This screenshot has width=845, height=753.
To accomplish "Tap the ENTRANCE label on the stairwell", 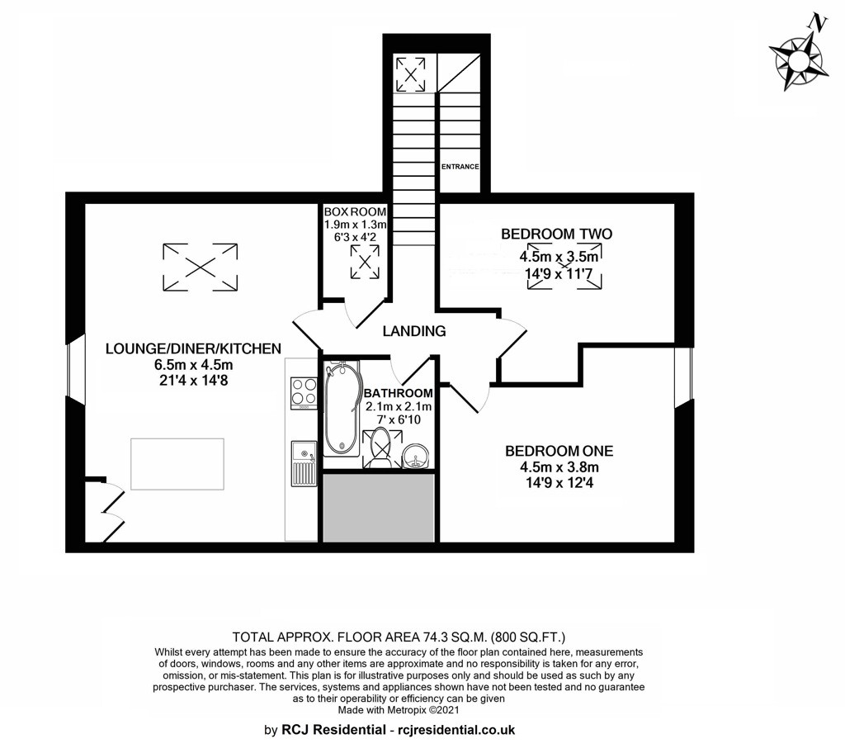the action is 460,167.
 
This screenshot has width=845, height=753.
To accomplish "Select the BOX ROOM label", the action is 355,212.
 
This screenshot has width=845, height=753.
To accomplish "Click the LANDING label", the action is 414,330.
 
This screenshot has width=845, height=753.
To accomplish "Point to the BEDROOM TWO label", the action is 557,234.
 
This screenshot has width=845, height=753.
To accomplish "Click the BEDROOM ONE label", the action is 559,451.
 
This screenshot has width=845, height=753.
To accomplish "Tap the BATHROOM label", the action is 399,393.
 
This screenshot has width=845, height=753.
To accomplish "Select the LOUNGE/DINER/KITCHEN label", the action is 193,348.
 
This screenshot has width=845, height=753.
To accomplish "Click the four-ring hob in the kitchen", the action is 304,393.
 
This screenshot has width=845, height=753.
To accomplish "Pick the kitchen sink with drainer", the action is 304,463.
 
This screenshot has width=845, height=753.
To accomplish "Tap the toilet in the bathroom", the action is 380,448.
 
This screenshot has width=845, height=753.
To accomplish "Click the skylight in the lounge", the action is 200,267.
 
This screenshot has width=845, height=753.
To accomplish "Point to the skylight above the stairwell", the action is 410,74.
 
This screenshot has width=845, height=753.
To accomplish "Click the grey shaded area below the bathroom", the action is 379,508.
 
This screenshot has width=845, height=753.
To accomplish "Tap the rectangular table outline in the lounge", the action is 177,464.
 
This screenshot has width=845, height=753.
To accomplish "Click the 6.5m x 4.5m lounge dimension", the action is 193,365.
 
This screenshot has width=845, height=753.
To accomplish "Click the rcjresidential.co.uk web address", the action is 456,731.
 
